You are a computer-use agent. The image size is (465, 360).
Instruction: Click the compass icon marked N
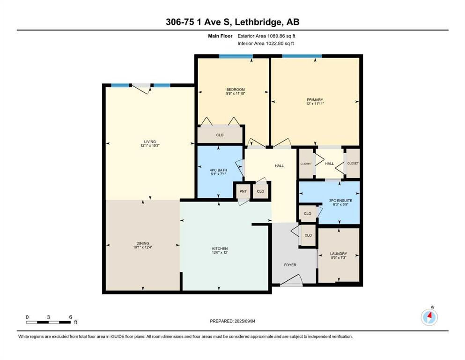click(x=429, y=318)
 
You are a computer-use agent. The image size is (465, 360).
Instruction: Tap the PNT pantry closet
click(x=243, y=191)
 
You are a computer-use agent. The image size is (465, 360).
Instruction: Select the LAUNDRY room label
click(x=339, y=254)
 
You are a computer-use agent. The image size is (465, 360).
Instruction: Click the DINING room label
click(x=142, y=243)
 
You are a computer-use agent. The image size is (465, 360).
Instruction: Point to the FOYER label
click(x=290, y=265)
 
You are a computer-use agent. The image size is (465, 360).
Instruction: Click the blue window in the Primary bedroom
click(x=302, y=56)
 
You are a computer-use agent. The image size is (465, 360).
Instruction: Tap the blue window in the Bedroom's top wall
click(x=236, y=56)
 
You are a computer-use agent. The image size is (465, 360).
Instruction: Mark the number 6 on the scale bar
click(x=70, y=317)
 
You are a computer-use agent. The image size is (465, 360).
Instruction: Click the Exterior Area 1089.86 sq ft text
click(x=268, y=36)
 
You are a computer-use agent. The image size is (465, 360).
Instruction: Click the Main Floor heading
click(x=221, y=36)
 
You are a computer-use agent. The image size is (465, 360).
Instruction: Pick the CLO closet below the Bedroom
click(x=220, y=135)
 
